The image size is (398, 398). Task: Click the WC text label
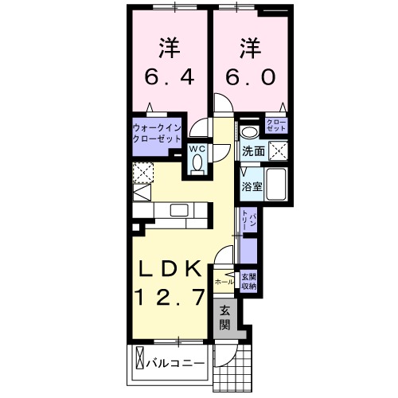pyautogui.click(x=197, y=148)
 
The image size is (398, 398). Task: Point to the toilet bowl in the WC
pyautogui.click(x=197, y=164)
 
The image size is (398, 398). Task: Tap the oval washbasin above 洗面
pyautogui.click(x=249, y=132)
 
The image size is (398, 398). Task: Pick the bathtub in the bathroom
pyautogui.click(x=277, y=186)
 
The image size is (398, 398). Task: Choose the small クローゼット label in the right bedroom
pyautogui.click(x=278, y=124)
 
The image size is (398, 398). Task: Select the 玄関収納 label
pyautogui.click(x=248, y=282)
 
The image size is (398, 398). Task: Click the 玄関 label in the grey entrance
pyautogui.click(x=226, y=318)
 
